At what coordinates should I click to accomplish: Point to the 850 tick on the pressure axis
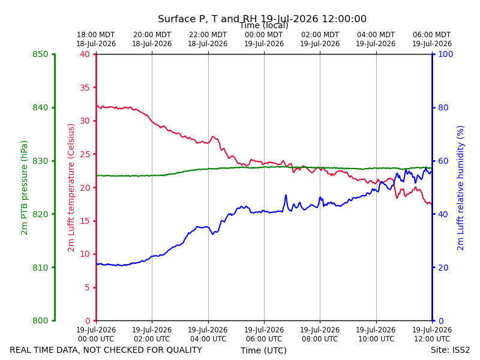[x=40, y=55]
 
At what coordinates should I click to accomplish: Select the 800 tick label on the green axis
[x=40, y=321]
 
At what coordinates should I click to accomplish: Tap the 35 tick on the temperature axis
[x=85, y=88]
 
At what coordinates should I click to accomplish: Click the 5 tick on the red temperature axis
[x=87, y=287]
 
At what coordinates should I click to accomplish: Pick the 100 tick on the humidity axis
[x=445, y=55]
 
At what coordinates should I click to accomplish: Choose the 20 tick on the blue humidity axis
[x=443, y=268]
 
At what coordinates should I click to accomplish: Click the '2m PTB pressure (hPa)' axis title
[x=24, y=188]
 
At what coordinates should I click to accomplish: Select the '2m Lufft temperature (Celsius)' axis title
[x=71, y=188]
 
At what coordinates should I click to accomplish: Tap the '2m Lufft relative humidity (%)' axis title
[x=460, y=188]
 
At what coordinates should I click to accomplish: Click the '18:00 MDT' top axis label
[x=95, y=35]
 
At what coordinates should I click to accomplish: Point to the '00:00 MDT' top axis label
[x=263, y=35]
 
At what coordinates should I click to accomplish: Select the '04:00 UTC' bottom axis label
[x=208, y=339]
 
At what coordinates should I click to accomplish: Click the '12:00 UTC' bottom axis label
[x=432, y=339]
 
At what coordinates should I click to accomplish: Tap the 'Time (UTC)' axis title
[x=263, y=350]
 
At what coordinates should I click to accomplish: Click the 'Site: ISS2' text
[x=450, y=350]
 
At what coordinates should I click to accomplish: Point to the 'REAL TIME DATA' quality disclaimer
[x=106, y=350]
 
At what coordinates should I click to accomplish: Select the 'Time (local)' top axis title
[x=263, y=26]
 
